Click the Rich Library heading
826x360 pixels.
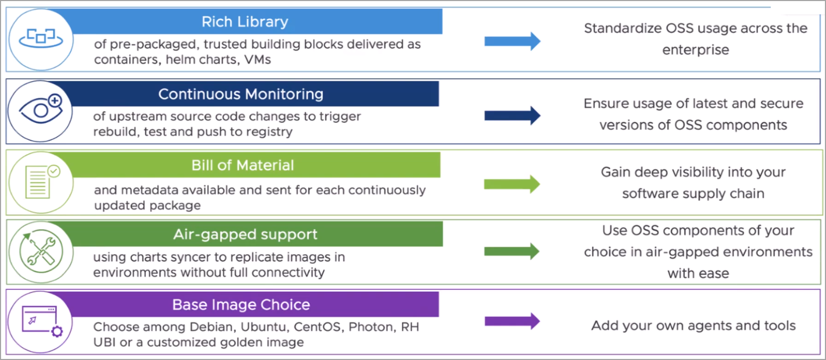[245, 22]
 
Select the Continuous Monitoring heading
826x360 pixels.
[241, 94]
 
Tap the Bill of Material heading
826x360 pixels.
[242, 165]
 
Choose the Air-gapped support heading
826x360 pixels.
[245, 235]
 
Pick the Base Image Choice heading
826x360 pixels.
[241, 305]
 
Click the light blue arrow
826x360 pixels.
[512, 41]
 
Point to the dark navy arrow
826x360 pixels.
[512, 115]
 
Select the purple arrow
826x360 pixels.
[512, 321]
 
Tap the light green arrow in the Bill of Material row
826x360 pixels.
[512, 183]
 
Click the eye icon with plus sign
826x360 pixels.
[41, 109]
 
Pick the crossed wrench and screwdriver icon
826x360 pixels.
[41, 252]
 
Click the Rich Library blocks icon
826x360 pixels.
[41, 38]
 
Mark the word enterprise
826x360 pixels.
[695, 50]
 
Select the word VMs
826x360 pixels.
[257, 60]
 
